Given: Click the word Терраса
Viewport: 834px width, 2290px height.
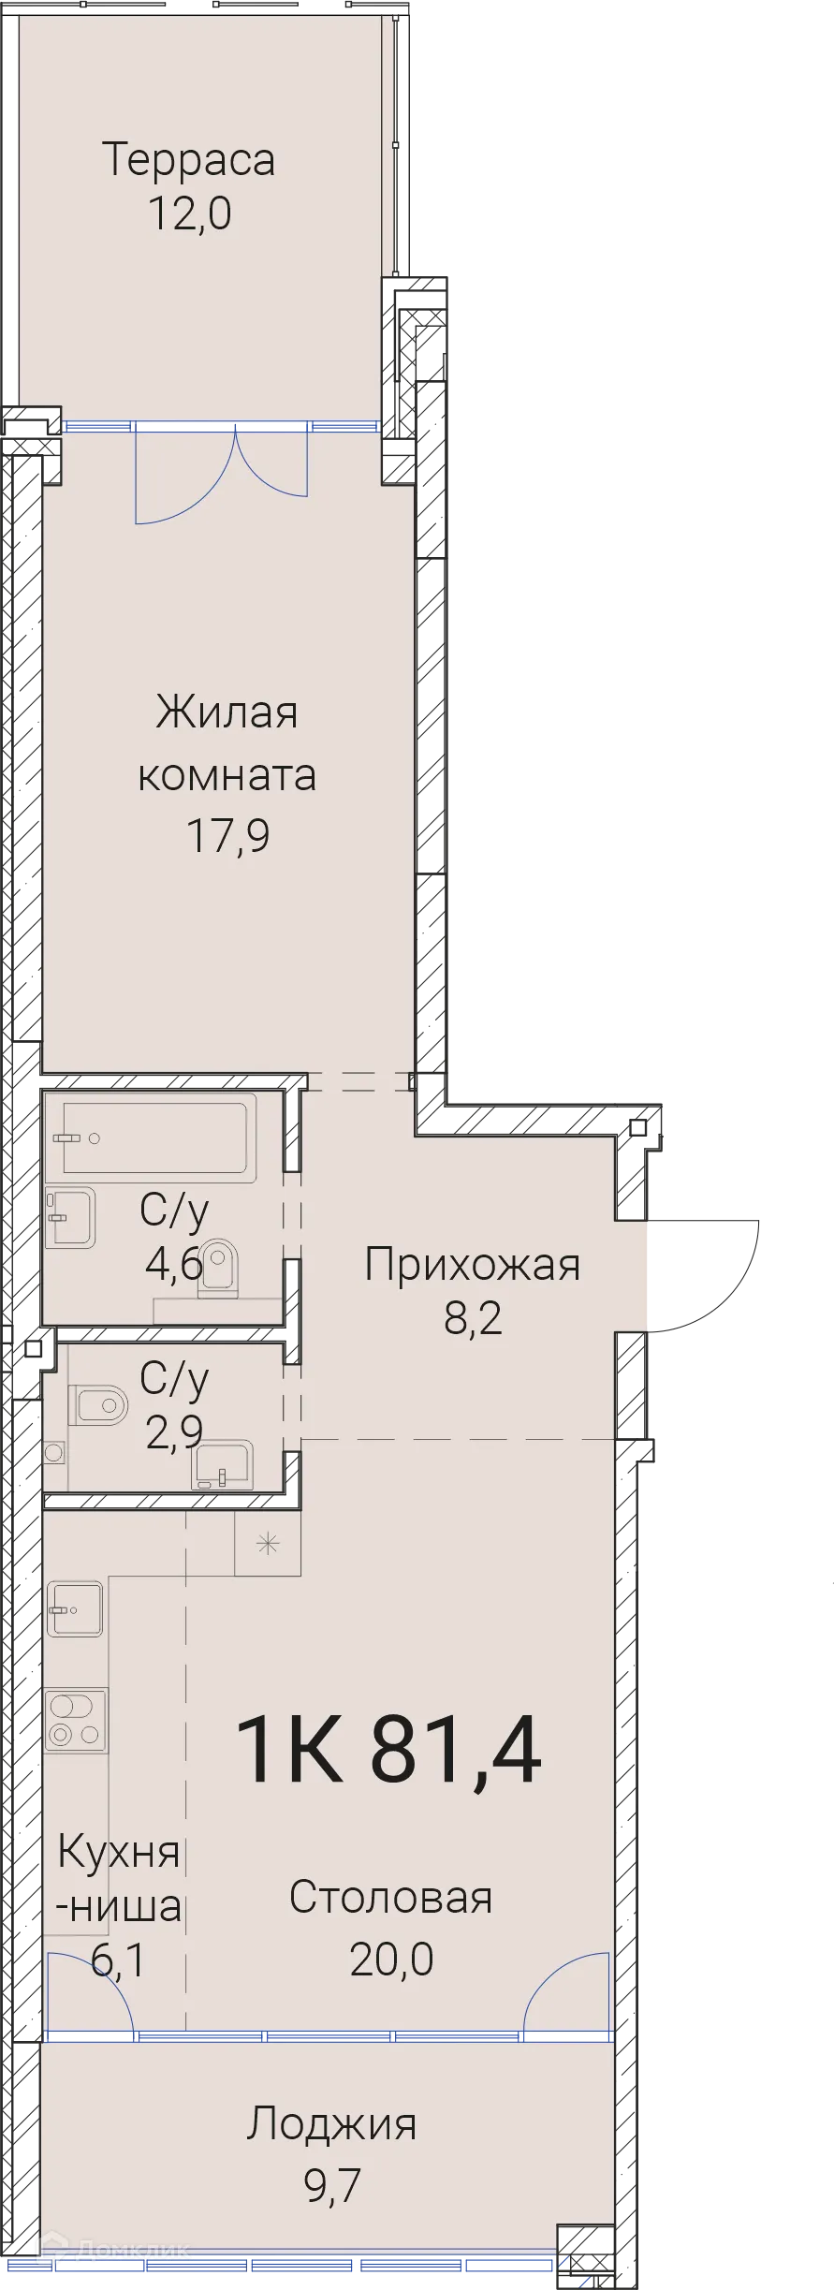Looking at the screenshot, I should point(188,159).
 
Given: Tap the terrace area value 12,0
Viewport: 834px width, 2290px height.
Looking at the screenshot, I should point(189,214).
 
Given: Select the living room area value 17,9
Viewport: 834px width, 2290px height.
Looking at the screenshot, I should point(228,835).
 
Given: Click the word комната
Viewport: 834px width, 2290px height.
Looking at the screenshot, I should point(227,775).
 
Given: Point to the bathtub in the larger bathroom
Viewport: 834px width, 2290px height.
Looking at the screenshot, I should point(157,1138).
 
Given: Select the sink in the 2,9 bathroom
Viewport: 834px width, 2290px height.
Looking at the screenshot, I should point(223,1464).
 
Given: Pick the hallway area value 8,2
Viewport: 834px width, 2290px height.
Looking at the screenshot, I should point(473,1318).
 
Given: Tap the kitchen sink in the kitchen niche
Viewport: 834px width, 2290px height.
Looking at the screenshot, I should point(75,1609).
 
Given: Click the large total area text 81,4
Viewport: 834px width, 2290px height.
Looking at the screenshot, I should point(456,1751).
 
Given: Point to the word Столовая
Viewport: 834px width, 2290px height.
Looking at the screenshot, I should point(390,1897).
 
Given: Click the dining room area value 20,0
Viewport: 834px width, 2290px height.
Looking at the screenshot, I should point(391,1958).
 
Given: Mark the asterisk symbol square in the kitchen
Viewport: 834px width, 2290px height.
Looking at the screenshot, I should point(268,1544).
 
